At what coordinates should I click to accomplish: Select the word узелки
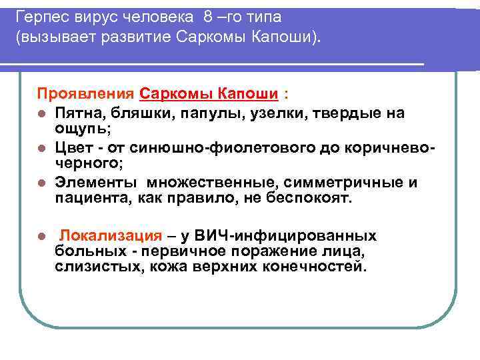(x=258, y=113)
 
